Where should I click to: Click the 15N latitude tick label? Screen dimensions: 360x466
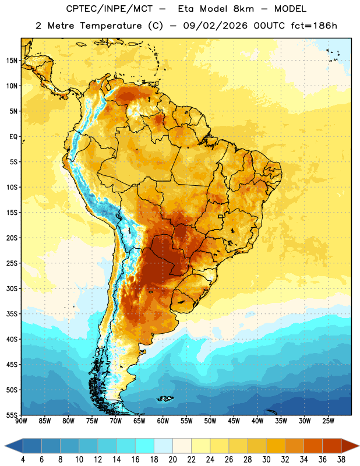pyautogui.click(x=12, y=61)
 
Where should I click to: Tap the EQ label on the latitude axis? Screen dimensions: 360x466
pyautogui.click(x=13, y=137)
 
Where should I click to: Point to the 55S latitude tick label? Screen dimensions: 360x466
pyautogui.click(x=12, y=415)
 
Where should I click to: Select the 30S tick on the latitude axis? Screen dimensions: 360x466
pyautogui.click(x=12, y=288)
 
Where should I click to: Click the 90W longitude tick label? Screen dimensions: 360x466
pyautogui.click(x=21, y=421)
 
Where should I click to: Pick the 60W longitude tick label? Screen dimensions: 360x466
pyautogui.click(x=163, y=421)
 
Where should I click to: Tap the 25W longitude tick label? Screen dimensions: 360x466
pyautogui.click(x=328, y=421)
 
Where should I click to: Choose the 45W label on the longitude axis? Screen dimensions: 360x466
pyautogui.click(x=234, y=421)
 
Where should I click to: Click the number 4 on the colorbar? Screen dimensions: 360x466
pyautogui.click(x=23, y=460)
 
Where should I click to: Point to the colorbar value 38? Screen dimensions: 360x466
pyautogui.click(x=341, y=460)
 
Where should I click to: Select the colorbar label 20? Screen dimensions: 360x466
pyautogui.click(x=172, y=460)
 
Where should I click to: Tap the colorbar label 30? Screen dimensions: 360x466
pyautogui.click(x=266, y=460)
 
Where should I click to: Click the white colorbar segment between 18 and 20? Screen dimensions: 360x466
pyautogui.click(x=164, y=446)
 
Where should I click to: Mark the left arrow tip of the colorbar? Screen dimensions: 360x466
pyautogui.click(x=5, y=446)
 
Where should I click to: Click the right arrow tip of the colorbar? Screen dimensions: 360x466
pyautogui.click(x=359, y=446)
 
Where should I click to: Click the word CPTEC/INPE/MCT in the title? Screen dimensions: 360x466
pyautogui.click(x=110, y=9)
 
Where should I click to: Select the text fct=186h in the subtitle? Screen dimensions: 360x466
pyautogui.click(x=314, y=26)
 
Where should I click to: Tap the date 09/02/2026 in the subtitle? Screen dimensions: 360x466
pyautogui.click(x=215, y=26)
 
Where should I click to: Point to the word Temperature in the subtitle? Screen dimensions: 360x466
pyautogui.click(x=111, y=26)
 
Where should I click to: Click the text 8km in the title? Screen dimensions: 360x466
pyautogui.click(x=243, y=9)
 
